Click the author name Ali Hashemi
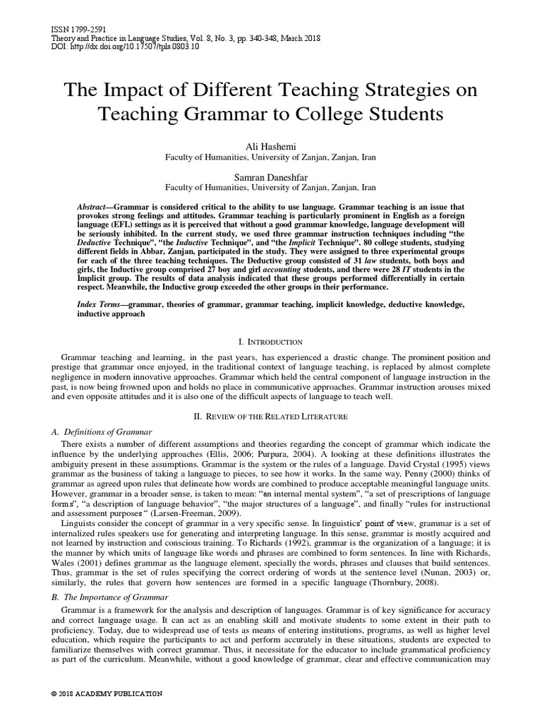click(x=270, y=146)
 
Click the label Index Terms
click(x=97, y=303)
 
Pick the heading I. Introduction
click(x=270, y=342)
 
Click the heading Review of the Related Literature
click(x=270, y=417)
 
